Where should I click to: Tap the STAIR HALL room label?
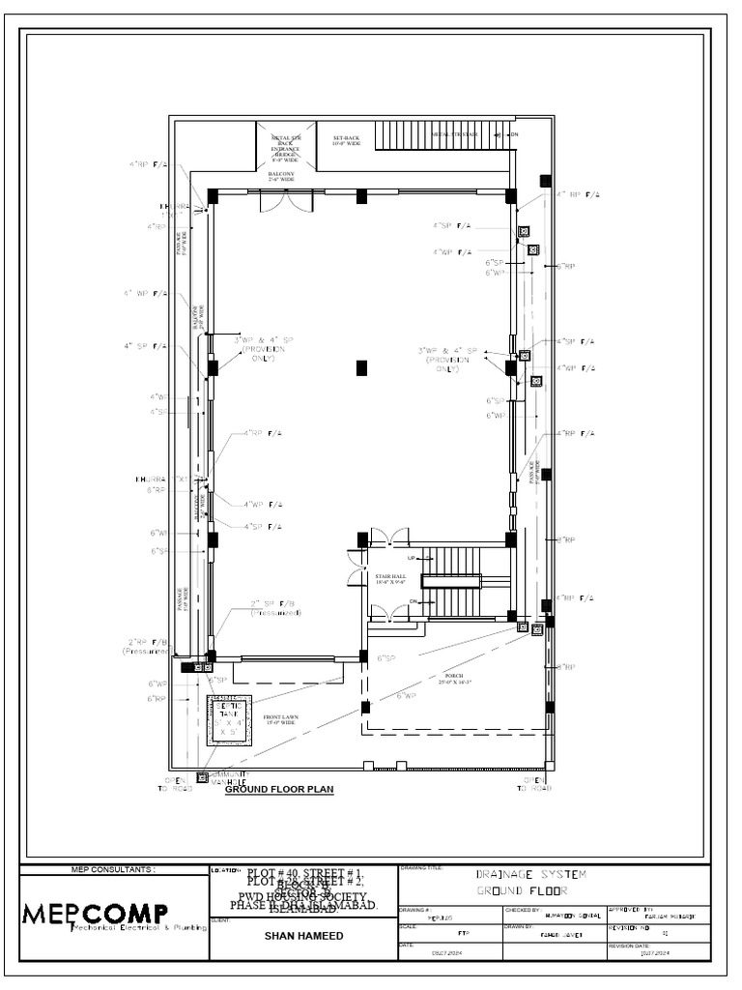[390, 579]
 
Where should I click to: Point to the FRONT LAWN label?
[280, 720]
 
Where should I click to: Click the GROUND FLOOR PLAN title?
[279, 790]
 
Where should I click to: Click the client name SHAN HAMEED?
[302, 936]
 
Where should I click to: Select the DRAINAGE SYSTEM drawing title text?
[530, 874]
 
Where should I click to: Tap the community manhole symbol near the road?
[202, 776]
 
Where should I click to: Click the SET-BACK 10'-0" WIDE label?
[346, 141]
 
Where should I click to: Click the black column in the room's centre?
[361, 367]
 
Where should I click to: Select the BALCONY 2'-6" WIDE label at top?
[281, 177]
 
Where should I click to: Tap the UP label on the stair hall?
[410, 559]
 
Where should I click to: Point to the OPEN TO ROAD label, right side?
[534, 784]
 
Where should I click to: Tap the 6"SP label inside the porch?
[387, 658]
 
